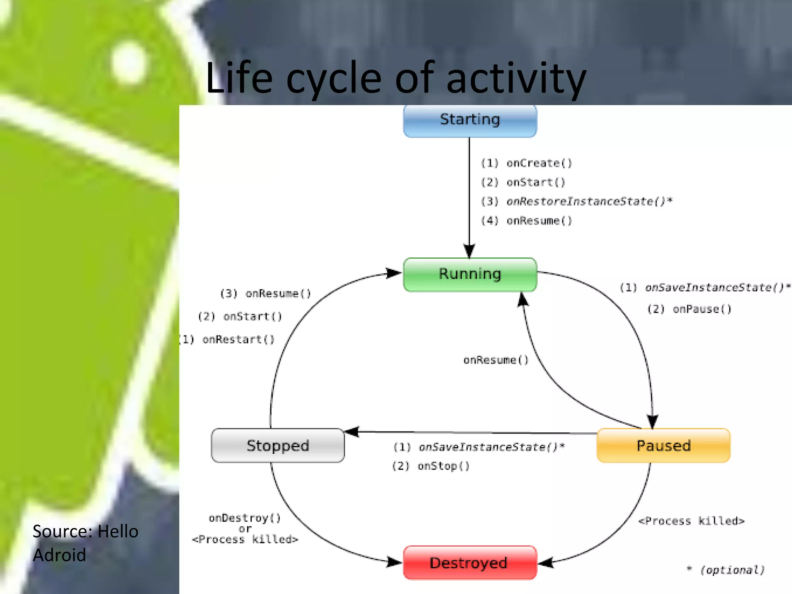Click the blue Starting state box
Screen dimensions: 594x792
[470, 120]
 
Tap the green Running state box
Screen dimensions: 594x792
[470, 274]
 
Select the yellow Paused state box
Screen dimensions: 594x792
[664, 445]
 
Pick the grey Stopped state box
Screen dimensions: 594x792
[278, 445]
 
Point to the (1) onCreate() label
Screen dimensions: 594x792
[526, 163]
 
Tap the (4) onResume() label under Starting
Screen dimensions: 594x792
[526, 221]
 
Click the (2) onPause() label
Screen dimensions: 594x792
[690, 309]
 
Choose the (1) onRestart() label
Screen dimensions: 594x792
[227, 340]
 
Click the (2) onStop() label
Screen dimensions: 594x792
[431, 466]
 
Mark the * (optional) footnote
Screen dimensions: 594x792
[726, 570]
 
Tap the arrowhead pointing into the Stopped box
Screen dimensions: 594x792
[351, 432]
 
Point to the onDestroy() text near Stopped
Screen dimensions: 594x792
[245, 518]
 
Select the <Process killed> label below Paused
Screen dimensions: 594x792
[691, 521]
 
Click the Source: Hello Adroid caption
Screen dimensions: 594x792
[85, 543]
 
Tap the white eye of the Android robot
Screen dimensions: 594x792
[130, 62]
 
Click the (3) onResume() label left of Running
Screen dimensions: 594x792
[265, 294]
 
